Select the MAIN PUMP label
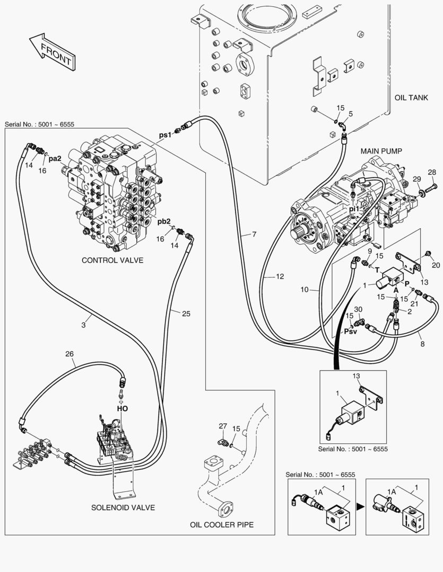coord(381,151)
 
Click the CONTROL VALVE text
coord(112,260)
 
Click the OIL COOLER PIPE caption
coord(222,525)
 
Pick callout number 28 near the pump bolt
coord(431,172)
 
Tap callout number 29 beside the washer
coord(416,178)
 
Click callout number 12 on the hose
coord(280,276)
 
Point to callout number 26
coord(70,354)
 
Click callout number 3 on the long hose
coord(83,325)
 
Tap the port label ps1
coord(166,135)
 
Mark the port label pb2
coord(164,221)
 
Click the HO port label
coord(122,408)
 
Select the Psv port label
coord(351,333)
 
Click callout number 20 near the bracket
coord(436,265)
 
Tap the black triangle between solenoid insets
coord(361,507)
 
